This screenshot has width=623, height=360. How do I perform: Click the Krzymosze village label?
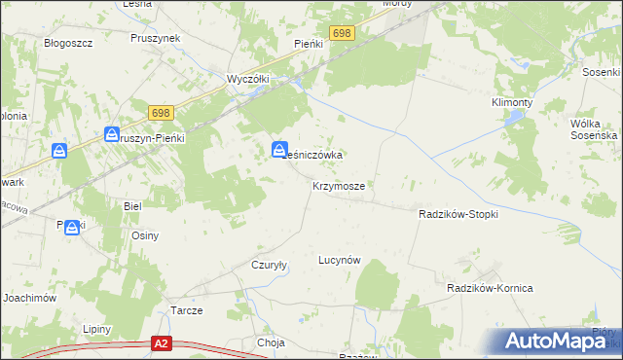(339, 185)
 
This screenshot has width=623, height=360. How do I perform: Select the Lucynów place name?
(340, 260)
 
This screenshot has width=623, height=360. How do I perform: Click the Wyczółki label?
(247, 79)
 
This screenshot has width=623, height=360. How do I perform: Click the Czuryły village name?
(269, 265)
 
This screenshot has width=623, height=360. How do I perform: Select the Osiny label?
(145, 235)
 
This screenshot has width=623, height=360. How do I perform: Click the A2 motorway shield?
(163, 343)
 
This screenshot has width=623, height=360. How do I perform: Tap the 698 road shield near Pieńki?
(341, 33)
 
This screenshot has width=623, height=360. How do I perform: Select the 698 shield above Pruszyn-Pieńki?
(162, 114)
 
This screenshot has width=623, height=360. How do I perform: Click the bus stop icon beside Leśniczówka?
(278, 150)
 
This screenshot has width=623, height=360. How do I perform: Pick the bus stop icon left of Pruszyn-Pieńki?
(112, 135)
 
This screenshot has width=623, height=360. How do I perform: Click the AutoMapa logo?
(560, 341)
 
